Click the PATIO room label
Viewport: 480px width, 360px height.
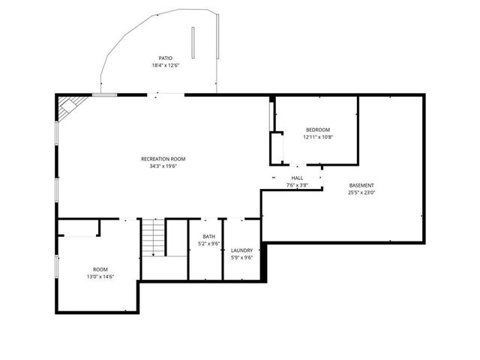click(x=165, y=58)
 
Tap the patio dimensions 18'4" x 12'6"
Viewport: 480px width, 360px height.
click(x=165, y=65)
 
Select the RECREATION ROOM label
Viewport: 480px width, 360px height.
click(x=163, y=159)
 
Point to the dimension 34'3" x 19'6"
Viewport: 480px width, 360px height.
click(x=163, y=166)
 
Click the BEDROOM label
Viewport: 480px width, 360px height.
click(x=317, y=130)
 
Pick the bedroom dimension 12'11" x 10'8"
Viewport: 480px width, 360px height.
click(x=317, y=137)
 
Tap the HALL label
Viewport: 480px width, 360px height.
click(x=297, y=178)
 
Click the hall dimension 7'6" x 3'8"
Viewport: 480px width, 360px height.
click(x=297, y=184)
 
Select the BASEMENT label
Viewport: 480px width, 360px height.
click(x=361, y=185)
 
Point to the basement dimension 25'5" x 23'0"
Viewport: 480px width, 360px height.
click(x=361, y=193)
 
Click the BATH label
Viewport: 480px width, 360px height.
click(x=208, y=236)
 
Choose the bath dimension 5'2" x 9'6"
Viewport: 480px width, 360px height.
click(x=208, y=243)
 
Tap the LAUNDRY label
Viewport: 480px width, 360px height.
click(x=241, y=250)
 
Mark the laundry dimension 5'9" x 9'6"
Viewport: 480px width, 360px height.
click(x=241, y=258)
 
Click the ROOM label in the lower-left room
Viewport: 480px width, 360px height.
click(x=100, y=269)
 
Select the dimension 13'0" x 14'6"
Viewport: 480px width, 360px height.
click(x=100, y=277)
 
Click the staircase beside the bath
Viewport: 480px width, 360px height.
click(x=154, y=238)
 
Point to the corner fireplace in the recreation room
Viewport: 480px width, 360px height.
click(x=67, y=106)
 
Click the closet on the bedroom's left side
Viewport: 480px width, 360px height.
click(x=277, y=148)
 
